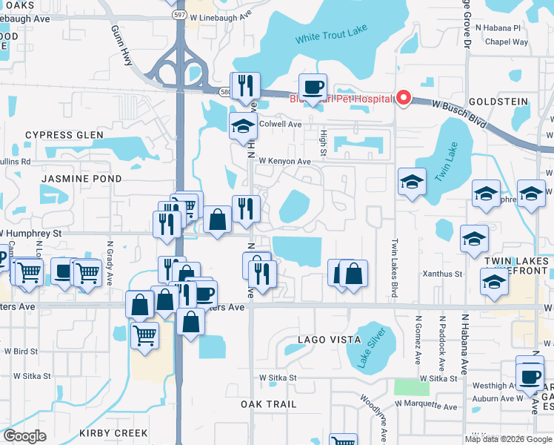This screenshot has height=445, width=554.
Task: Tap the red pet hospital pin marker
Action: [403, 98]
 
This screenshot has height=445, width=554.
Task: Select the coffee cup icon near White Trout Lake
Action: [313, 88]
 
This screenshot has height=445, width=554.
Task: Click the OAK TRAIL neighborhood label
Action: [269, 404]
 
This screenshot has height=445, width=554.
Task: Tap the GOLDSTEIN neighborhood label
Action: [498, 102]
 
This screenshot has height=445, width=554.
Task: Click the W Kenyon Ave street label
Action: [284, 161]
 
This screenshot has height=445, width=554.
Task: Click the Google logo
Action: [26, 436]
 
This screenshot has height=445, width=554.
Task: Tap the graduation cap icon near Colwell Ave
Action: [242, 126]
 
